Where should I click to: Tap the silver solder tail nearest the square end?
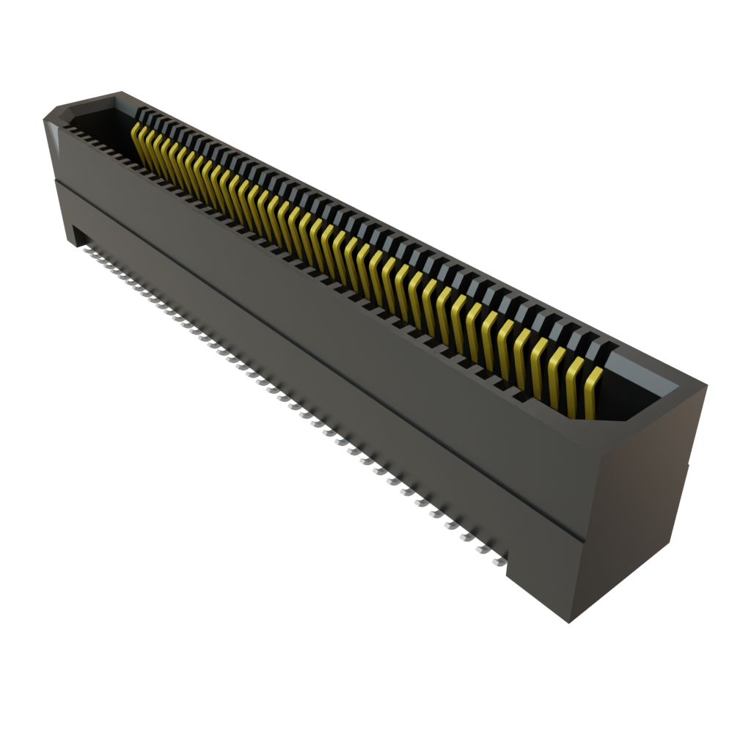click(x=500, y=562)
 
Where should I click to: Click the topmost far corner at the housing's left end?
click(x=119, y=91)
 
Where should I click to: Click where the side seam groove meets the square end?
click(x=584, y=541)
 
